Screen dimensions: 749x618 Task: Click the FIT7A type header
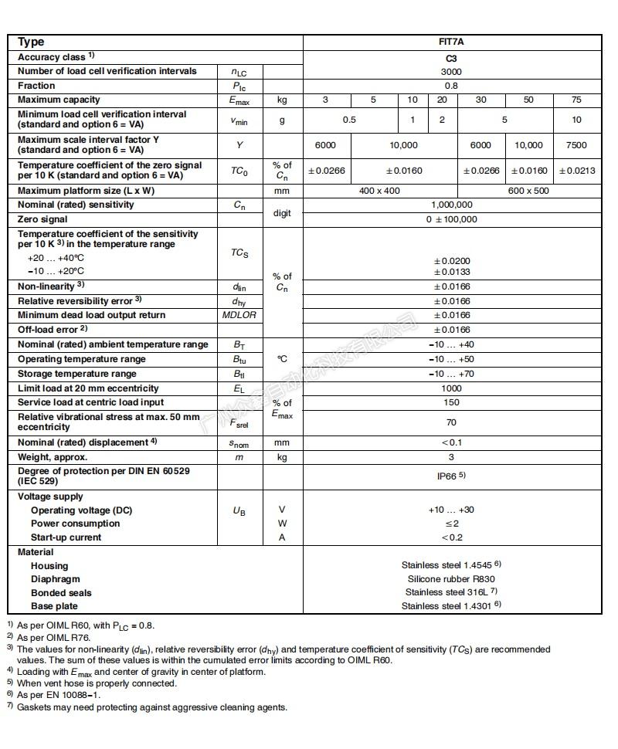click(451, 42)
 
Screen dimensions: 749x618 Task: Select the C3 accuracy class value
click(451, 57)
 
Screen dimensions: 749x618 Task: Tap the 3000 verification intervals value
click(451, 71)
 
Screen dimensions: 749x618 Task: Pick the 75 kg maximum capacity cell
click(576, 100)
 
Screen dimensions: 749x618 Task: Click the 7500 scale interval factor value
click(576, 145)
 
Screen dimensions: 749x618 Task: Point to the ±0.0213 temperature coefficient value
click(576, 171)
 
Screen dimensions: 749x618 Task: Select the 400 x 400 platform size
click(380, 191)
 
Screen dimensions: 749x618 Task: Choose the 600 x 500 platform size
click(529, 191)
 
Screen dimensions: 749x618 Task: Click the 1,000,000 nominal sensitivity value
click(451, 205)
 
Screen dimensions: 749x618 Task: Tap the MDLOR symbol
click(239, 315)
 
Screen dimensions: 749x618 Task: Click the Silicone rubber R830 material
click(451, 579)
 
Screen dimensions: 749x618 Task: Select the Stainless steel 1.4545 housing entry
click(451, 565)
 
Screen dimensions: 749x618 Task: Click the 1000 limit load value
click(451, 388)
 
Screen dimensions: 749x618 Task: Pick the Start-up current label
click(66, 537)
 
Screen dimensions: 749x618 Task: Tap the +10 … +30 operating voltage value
click(451, 510)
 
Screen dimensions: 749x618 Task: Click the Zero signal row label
click(42, 219)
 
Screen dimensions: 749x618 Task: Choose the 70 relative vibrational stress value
click(451, 422)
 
